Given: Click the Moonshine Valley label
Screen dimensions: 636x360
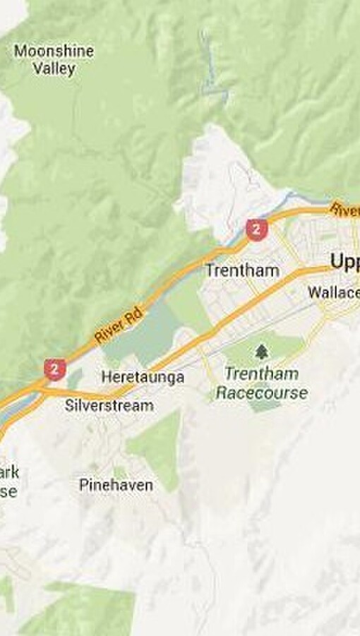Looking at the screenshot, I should point(54,60).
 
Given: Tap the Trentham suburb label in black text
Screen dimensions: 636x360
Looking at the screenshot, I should point(241,270).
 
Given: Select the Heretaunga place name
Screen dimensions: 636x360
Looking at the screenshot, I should point(143,377).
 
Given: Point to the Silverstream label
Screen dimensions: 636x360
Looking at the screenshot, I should point(109,405).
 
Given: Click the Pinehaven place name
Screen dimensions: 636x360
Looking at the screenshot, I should point(116,485).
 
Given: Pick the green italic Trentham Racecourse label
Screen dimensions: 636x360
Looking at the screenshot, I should point(262,383).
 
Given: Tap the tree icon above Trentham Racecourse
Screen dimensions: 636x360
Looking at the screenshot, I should point(262,351).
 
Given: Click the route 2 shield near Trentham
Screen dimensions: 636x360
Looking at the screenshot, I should point(256,229).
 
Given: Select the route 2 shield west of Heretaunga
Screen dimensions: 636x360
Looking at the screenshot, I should point(55,368).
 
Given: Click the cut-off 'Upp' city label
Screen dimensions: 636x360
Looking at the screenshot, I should point(345,263).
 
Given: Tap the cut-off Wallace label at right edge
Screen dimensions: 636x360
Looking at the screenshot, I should point(334,292).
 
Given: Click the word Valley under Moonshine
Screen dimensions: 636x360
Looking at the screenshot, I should point(54,69).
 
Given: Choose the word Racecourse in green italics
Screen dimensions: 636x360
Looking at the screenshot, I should point(262,392).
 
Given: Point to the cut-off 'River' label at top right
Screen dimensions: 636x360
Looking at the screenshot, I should point(345,210).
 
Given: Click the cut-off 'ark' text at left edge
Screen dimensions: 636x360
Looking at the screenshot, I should point(10,472).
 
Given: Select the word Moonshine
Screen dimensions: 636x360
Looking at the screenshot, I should point(54,51).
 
